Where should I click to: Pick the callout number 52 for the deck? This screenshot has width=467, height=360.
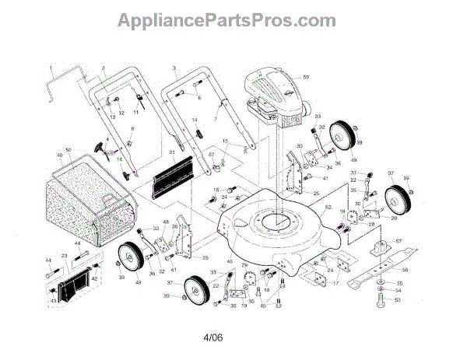point(328,208)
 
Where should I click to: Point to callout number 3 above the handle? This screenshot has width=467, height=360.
point(174,69)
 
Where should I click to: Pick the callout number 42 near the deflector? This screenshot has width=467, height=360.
point(95,277)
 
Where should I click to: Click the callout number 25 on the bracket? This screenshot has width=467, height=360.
point(317,192)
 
